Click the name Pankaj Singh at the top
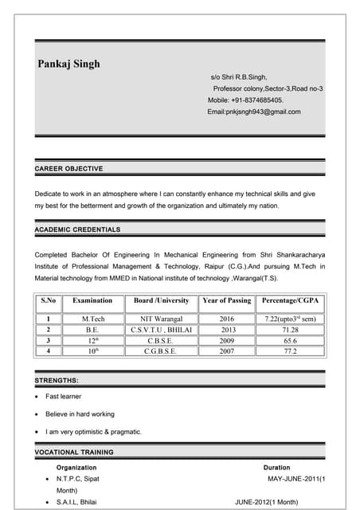click(69, 64)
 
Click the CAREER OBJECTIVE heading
click(69, 169)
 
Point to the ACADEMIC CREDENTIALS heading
click(78, 229)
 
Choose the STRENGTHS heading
click(57, 381)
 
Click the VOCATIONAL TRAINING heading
click(74, 452)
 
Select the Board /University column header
click(161, 300)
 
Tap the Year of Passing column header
click(227, 300)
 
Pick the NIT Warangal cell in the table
click(162, 319)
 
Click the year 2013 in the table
click(229, 329)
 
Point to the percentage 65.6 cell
click(290, 340)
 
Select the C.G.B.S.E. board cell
click(161, 351)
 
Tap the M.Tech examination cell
click(92, 319)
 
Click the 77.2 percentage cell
click(290, 351)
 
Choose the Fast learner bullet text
click(64, 396)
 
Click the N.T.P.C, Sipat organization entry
click(78, 478)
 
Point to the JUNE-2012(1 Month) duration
click(267, 503)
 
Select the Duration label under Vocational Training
click(276, 467)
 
